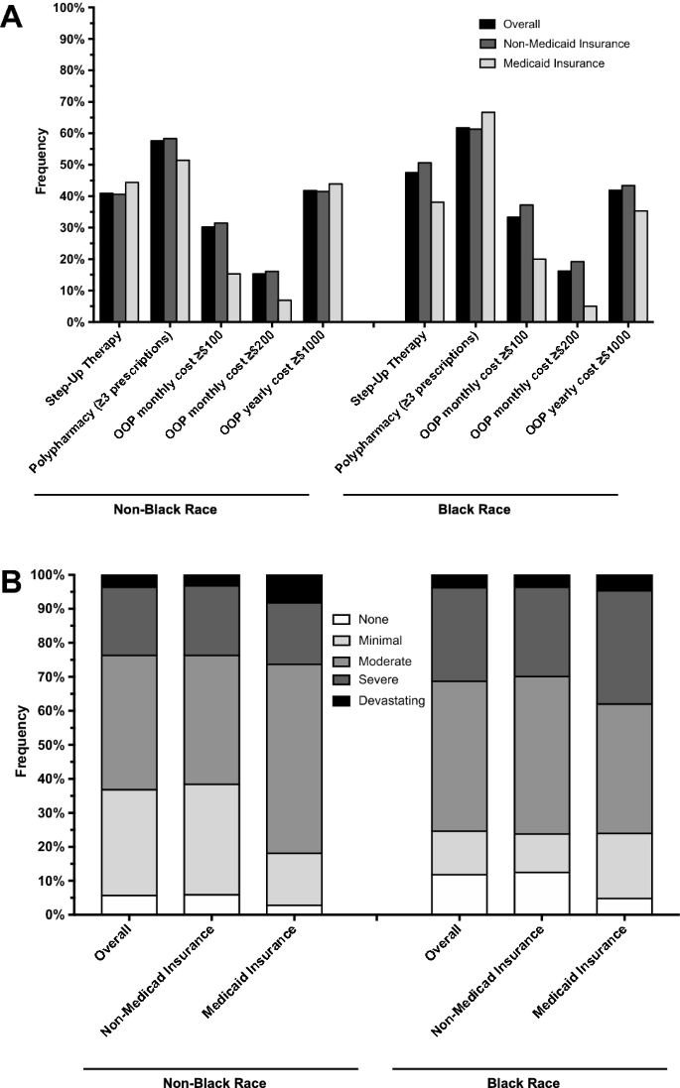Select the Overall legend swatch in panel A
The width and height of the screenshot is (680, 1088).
point(487,24)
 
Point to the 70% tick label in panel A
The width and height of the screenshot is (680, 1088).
point(68,102)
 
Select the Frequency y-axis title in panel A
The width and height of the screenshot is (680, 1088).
point(41,165)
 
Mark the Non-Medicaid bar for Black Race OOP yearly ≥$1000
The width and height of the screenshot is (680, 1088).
point(628,253)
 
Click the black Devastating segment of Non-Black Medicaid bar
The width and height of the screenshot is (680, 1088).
point(295,588)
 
